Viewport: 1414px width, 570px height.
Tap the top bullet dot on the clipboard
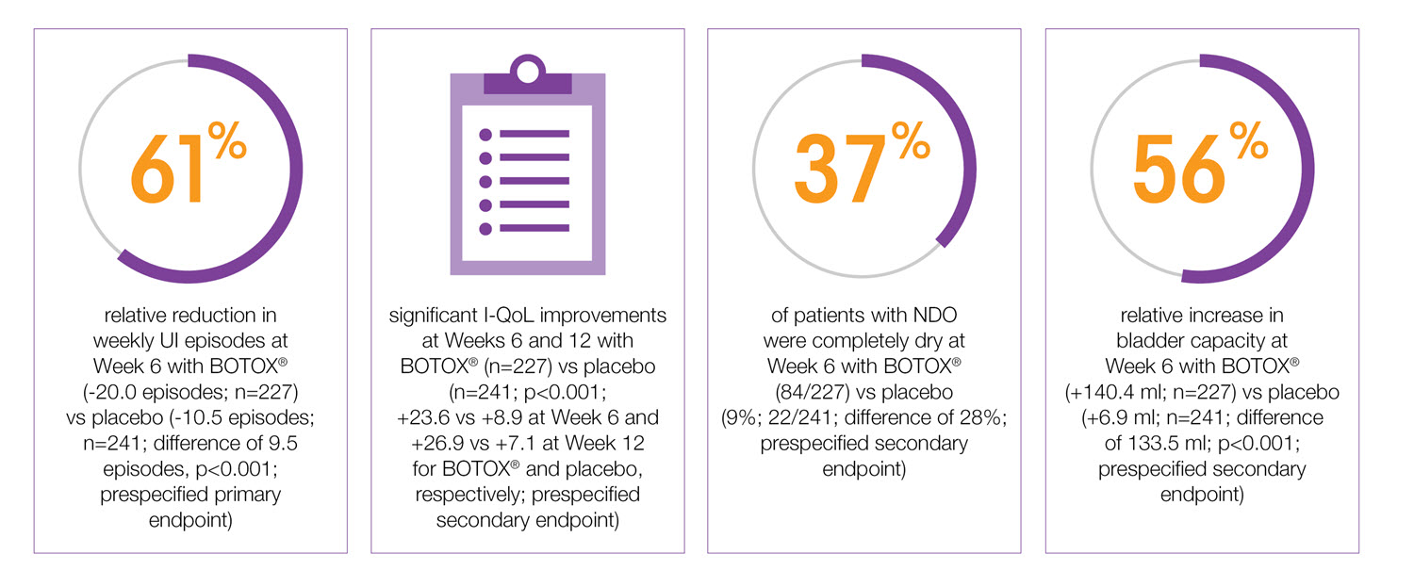[x=486, y=133]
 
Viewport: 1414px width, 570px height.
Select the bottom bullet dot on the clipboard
[x=486, y=228]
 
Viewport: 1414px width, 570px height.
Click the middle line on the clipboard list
[x=534, y=181]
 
